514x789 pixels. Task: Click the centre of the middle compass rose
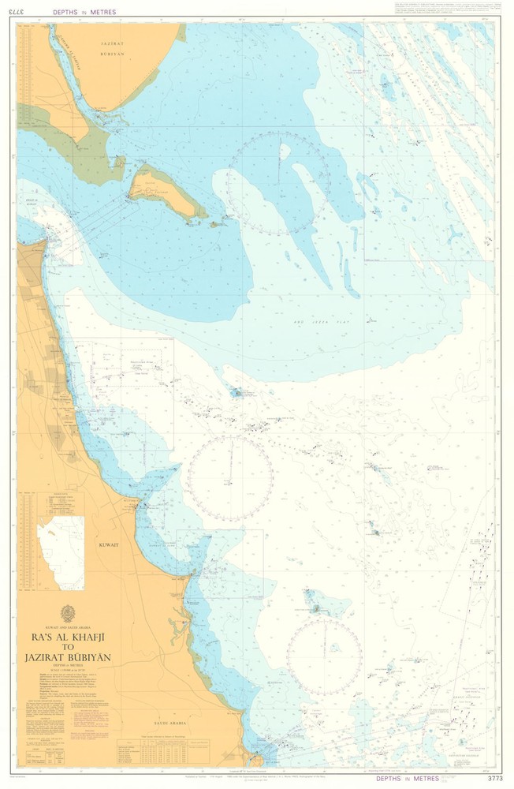point(229,478)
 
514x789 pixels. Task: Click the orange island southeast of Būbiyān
point(162,192)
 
